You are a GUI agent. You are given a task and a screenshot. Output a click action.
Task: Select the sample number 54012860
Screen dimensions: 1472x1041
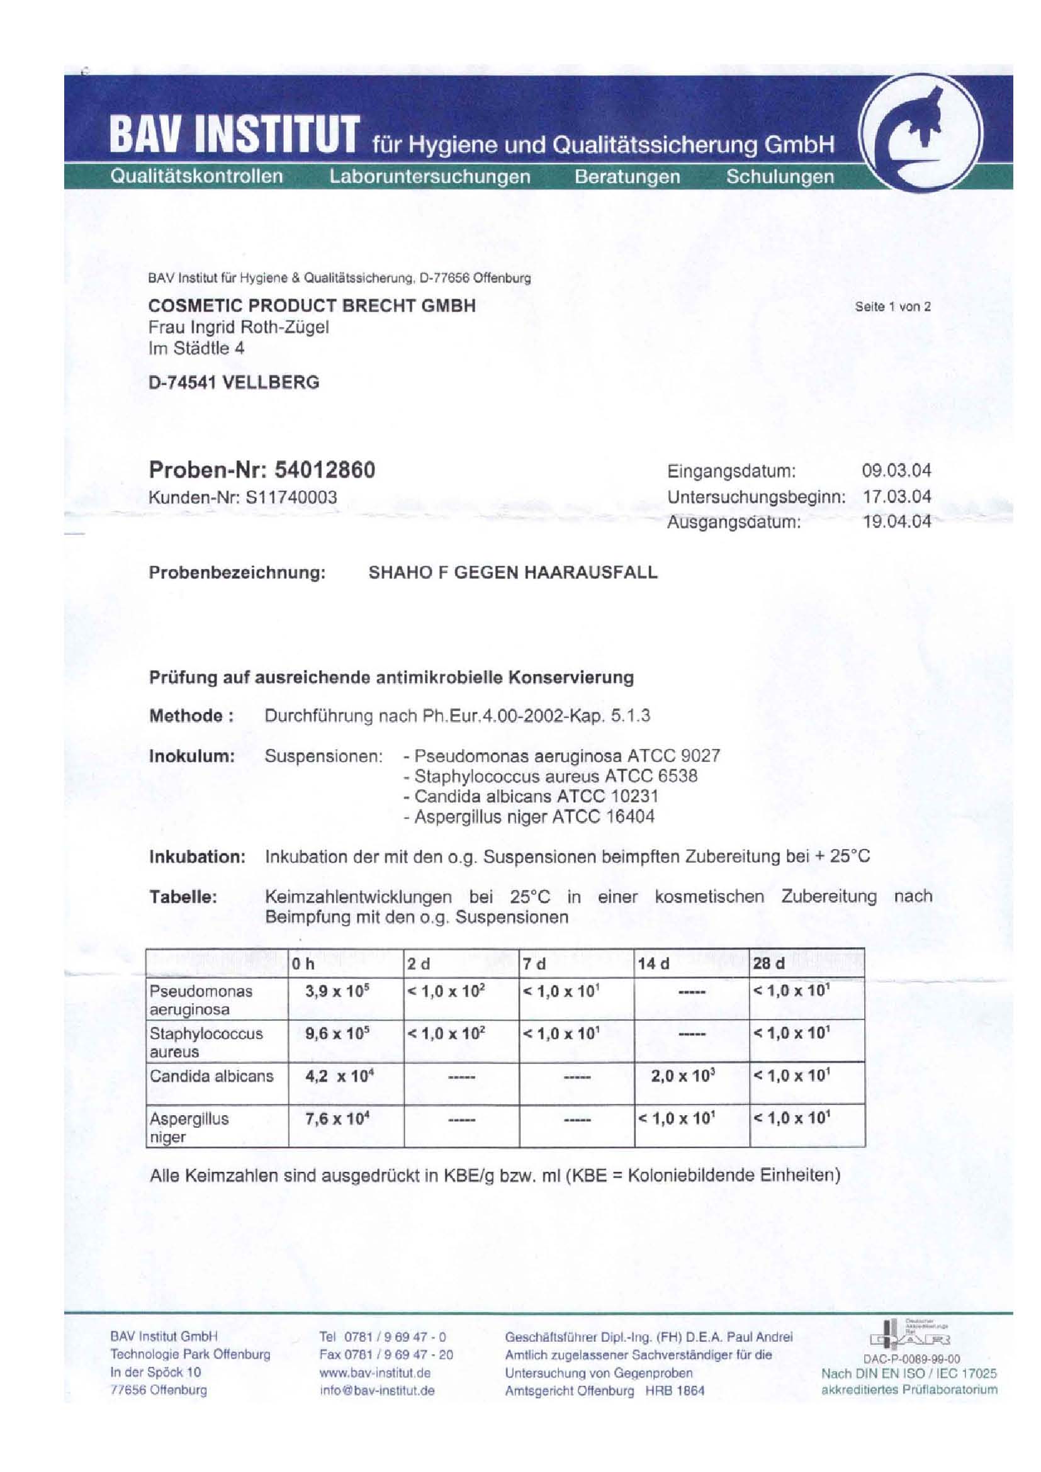324,470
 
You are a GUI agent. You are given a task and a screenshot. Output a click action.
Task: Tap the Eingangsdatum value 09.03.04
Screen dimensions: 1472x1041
896,471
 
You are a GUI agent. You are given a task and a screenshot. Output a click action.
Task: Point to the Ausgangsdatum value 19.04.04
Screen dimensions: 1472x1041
896,522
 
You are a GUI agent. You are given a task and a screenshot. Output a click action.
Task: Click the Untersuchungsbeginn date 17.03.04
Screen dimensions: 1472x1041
896,497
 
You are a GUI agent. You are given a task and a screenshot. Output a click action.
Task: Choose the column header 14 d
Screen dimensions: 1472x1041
653,964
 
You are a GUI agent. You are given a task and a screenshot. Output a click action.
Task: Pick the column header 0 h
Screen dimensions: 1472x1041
304,964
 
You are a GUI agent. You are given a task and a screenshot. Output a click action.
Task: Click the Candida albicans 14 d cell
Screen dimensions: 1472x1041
684,1076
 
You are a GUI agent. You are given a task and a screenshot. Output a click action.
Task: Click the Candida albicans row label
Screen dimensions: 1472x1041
211,1076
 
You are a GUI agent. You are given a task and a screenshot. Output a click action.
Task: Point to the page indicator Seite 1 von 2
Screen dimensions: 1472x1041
892,306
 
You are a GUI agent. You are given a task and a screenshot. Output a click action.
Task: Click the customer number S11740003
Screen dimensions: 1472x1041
291,497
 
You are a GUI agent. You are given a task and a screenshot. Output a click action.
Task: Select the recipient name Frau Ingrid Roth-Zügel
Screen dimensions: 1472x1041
239,327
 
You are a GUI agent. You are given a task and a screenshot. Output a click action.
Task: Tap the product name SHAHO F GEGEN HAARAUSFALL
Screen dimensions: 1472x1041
513,573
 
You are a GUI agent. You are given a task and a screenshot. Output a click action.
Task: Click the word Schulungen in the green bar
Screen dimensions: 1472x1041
779,176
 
